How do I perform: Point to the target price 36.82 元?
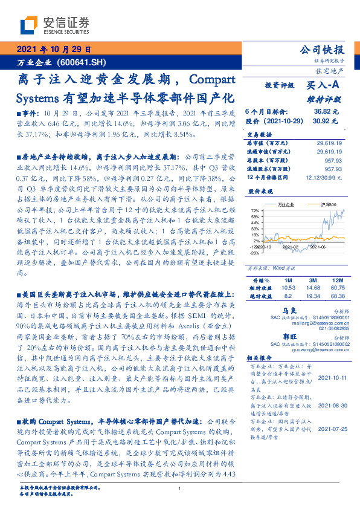[x=326, y=112]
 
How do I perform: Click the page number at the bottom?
[x=180, y=488]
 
